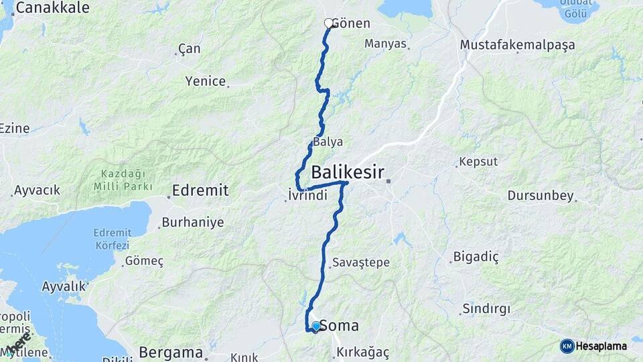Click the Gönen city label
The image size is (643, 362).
350,23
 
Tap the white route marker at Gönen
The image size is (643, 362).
329,23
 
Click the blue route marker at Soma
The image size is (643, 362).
316,326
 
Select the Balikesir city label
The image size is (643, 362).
348,172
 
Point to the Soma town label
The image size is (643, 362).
339,326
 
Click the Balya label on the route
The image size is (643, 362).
328,142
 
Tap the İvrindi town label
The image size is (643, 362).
307,195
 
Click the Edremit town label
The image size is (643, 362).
200,190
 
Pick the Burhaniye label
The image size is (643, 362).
193,222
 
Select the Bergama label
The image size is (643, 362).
171,352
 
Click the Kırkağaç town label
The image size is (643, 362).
364,352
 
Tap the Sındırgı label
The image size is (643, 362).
486,309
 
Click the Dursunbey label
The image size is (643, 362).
541,196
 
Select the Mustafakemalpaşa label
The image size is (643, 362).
518,44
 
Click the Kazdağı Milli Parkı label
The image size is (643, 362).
119,180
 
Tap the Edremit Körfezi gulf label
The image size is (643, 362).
112,239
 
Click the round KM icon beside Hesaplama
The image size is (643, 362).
567,346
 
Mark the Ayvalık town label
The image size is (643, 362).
64,286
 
